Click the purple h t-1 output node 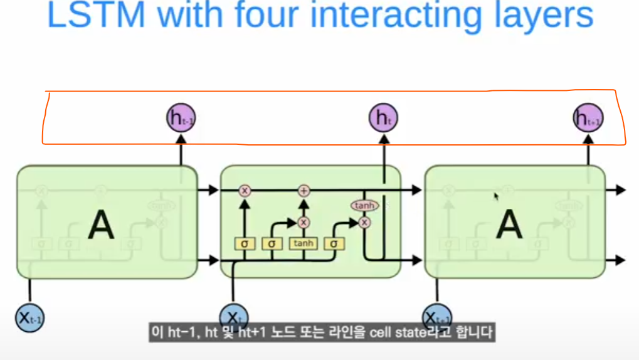181,117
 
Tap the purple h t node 383,117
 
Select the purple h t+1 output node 588,117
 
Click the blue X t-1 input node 30,317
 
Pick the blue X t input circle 233,315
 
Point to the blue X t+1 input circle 436,315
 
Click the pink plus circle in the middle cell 304,190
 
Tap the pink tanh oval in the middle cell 364,205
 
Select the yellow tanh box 304,243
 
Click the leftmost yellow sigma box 245,243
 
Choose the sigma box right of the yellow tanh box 334,243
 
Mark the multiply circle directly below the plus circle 304,222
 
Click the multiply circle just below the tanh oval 365,221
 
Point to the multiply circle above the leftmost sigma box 245,190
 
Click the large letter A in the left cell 101,224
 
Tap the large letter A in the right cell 509,224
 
